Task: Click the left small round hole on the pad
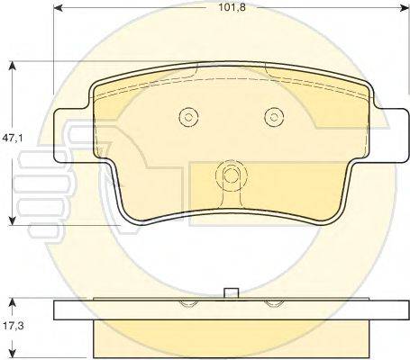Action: tap(187, 116)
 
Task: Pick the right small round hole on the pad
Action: tap(273, 116)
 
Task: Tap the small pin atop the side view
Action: tap(231, 292)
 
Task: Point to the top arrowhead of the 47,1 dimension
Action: tap(12, 65)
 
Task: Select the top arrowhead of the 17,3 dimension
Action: tap(12, 300)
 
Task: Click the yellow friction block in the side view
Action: tap(231, 339)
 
